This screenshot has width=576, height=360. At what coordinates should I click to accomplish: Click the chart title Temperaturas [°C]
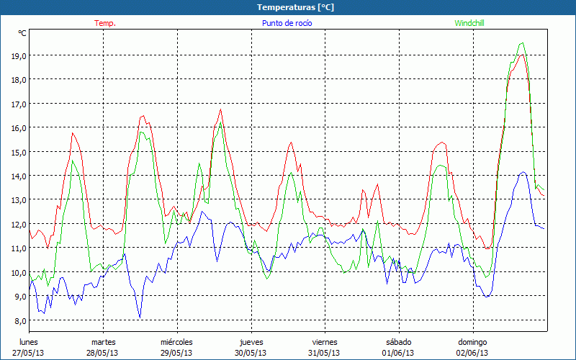295,7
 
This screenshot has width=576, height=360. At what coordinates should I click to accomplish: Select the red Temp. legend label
105,23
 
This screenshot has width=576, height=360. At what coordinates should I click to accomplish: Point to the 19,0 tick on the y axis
18,55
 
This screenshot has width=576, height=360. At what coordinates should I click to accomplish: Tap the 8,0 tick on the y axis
18,320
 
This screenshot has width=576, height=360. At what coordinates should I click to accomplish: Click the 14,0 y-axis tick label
18,176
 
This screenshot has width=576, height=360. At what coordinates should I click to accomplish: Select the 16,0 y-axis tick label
18,127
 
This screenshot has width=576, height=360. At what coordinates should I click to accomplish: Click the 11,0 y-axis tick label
18,248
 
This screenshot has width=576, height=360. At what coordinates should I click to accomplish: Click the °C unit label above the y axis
22,33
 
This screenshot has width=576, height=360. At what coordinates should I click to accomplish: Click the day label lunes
29,342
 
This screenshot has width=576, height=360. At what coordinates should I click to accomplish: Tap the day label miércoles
176,342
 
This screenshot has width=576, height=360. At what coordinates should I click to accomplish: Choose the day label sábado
399,342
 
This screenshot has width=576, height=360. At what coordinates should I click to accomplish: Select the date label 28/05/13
103,353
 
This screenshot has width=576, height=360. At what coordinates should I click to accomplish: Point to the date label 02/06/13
473,353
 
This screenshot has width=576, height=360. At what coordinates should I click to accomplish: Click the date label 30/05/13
251,353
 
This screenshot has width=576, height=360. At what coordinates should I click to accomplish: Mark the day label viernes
325,342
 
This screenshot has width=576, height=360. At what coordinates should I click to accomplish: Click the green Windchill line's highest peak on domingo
521,43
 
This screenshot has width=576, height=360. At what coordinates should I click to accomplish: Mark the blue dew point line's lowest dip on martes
140,318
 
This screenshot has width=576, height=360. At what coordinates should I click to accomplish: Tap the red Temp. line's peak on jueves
291,143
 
